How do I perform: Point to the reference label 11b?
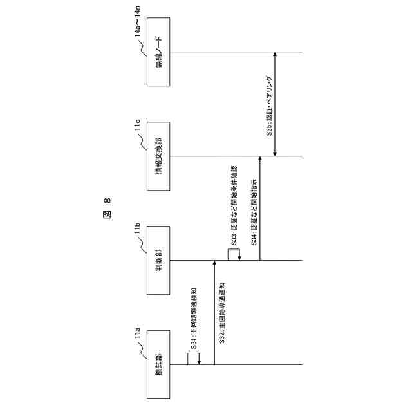click(x=136, y=229)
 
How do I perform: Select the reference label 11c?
click(x=136, y=125)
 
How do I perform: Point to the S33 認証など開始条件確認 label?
click(x=233, y=201)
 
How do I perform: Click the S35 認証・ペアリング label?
click(x=270, y=104)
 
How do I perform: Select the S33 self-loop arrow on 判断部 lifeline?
click(x=233, y=254)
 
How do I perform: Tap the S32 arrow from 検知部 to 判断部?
click(x=214, y=313)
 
